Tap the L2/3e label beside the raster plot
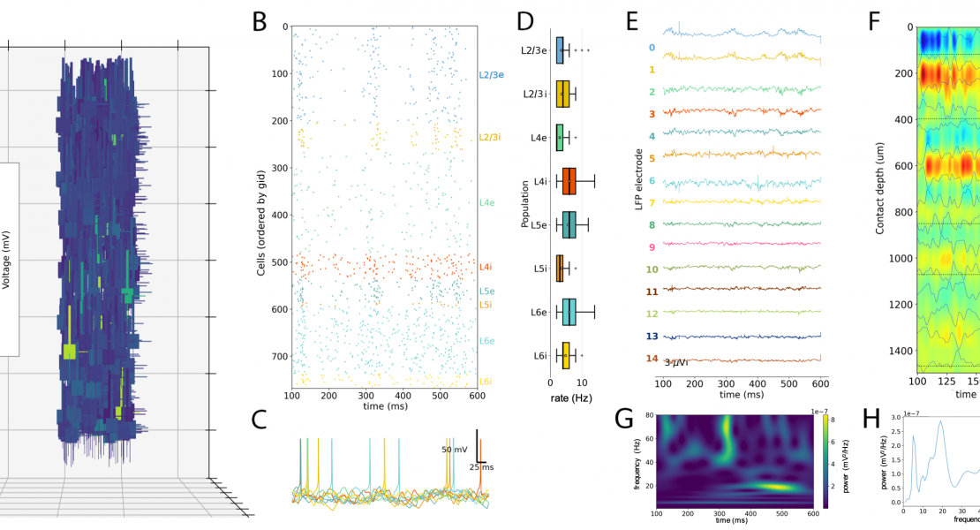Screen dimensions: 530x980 click(492, 76)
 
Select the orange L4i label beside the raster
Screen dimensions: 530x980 click(486, 267)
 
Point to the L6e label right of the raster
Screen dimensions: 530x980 click(487, 341)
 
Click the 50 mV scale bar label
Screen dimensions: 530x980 click(456, 449)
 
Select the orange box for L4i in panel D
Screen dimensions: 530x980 click(568, 180)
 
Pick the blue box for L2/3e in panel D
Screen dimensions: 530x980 click(560, 50)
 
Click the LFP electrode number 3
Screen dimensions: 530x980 click(651, 114)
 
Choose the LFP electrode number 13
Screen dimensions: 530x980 click(651, 337)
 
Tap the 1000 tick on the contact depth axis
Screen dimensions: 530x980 click(901, 259)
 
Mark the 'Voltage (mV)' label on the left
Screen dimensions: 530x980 click(6, 260)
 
